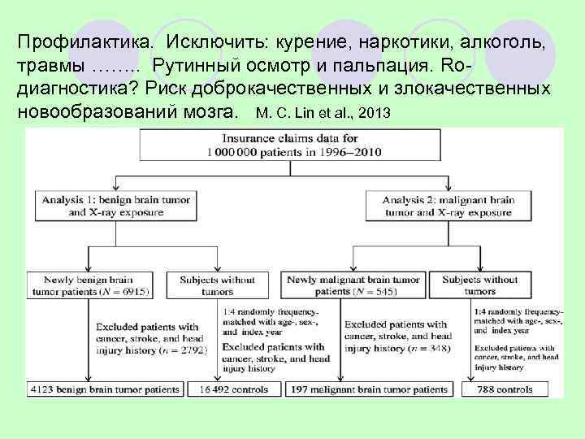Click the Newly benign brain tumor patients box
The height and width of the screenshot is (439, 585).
(92, 285)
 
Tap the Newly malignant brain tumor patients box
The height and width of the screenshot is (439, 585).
(354, 285)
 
